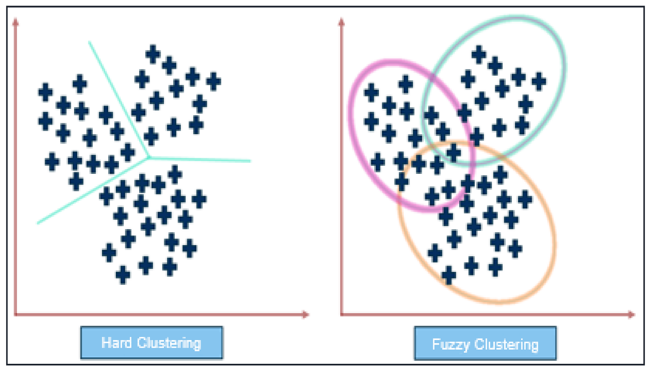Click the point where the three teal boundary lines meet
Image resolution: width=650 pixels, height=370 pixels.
pos(149,158)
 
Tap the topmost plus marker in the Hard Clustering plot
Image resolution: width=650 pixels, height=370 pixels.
pos(153,54)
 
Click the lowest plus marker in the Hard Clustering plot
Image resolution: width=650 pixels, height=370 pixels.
pos(123,275)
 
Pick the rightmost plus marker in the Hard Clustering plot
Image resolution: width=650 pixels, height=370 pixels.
pos(214,81)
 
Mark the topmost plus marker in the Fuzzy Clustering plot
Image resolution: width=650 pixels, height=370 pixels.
pos(478,54)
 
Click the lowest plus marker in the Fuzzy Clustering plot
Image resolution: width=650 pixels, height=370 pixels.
pos(448,275)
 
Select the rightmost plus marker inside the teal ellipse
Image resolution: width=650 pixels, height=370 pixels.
pos(539,81)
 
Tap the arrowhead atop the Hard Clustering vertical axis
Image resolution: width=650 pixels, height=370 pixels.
pos(15,22)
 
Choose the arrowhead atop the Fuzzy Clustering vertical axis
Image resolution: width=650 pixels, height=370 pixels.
pos(341,22)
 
